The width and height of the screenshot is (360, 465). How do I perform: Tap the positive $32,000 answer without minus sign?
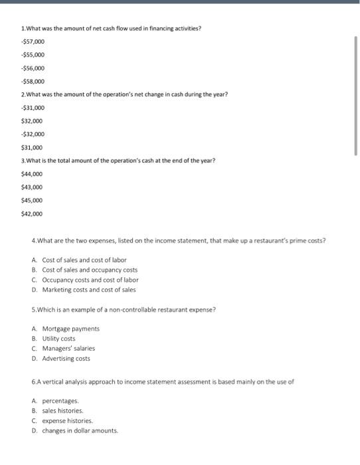32,121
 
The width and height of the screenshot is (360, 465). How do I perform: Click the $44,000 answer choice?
32,173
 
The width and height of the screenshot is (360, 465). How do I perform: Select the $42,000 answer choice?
32,214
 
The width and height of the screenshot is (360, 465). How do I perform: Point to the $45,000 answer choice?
32,200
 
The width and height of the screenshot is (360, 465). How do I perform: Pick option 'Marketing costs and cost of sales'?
88,290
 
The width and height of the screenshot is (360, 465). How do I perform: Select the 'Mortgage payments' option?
70,329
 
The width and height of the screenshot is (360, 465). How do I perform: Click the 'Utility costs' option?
63,339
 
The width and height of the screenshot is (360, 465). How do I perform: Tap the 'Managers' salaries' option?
68,348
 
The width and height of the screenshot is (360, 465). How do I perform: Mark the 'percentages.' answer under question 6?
60,401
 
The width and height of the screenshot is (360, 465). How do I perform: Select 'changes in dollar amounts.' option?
80,430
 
